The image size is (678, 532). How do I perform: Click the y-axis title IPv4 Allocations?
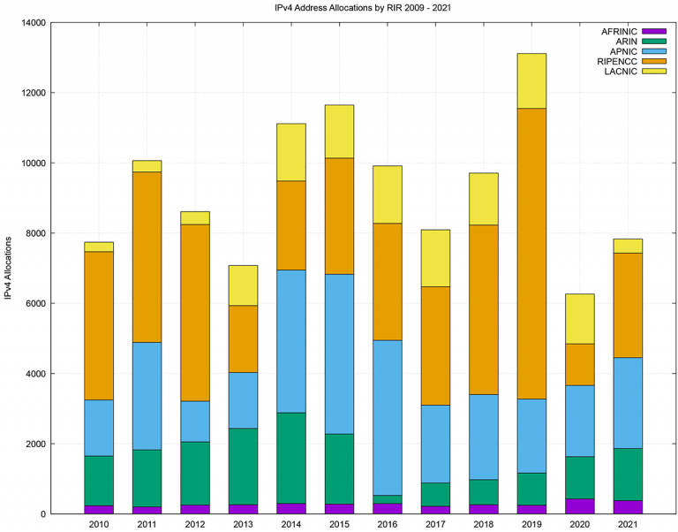pos(8,268)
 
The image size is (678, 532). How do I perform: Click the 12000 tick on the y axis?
pos(30,93)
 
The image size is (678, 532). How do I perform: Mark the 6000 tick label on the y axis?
pos(33,303)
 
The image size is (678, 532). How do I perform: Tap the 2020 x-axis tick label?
pos(579,524)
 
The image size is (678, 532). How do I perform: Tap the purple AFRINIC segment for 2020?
pos(579,505)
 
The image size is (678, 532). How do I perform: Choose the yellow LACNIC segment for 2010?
pos(99,247)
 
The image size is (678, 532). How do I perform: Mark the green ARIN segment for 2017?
pos(435,494)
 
